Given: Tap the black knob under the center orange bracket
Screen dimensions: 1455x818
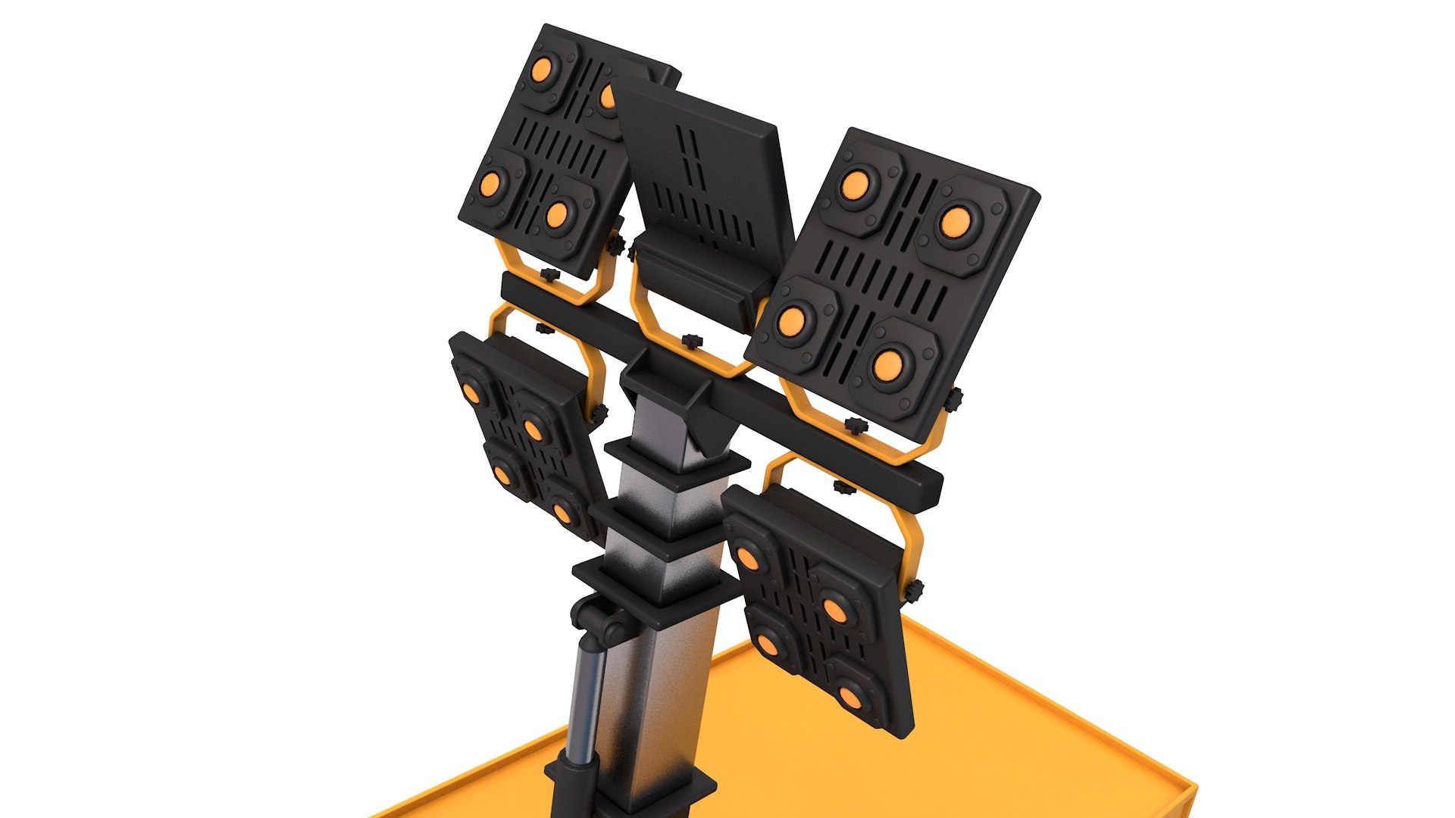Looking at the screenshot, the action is (x=691, y=342).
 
